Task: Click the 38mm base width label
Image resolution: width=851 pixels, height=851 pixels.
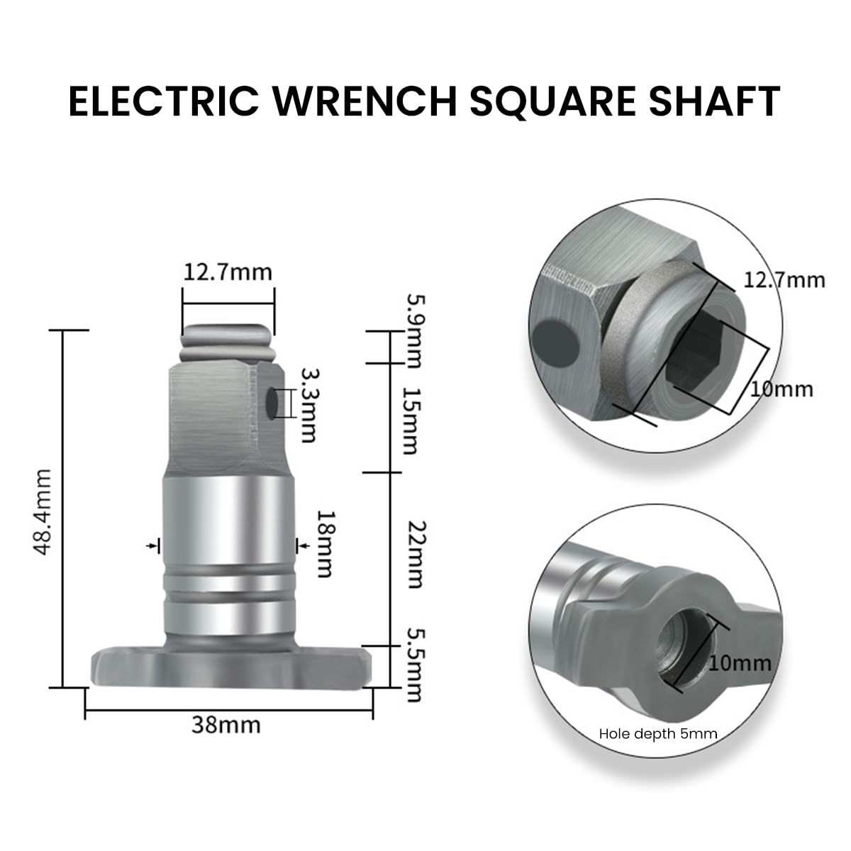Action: pos(226,725)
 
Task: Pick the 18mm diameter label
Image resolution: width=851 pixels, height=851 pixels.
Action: pos(325,544)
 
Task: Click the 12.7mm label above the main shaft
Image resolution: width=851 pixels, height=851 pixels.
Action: pos(228,272)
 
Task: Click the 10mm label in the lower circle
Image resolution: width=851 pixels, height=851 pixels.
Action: pos(740,663)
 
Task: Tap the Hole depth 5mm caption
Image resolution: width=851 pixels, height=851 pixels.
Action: pos(658,734)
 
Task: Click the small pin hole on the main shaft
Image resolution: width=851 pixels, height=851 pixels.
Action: pos(272,404)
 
